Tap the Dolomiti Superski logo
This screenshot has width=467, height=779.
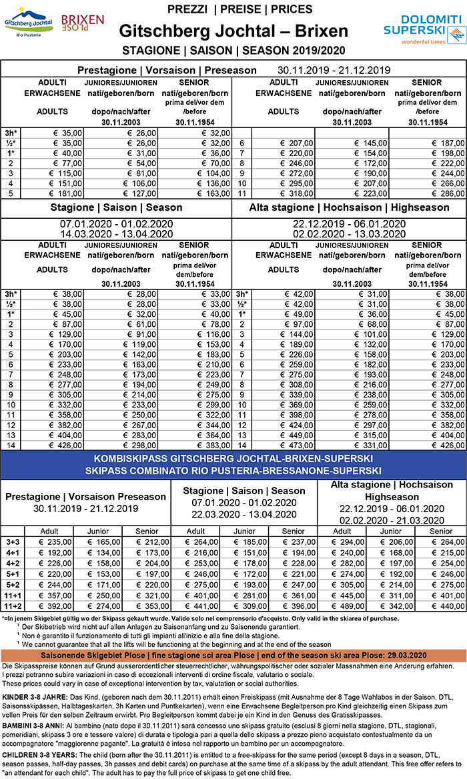point(424,31)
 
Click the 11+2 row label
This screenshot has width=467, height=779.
point(11,606)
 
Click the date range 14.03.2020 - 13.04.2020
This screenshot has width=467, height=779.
point(117,234)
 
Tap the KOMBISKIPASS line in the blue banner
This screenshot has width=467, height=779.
point(233,460)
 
